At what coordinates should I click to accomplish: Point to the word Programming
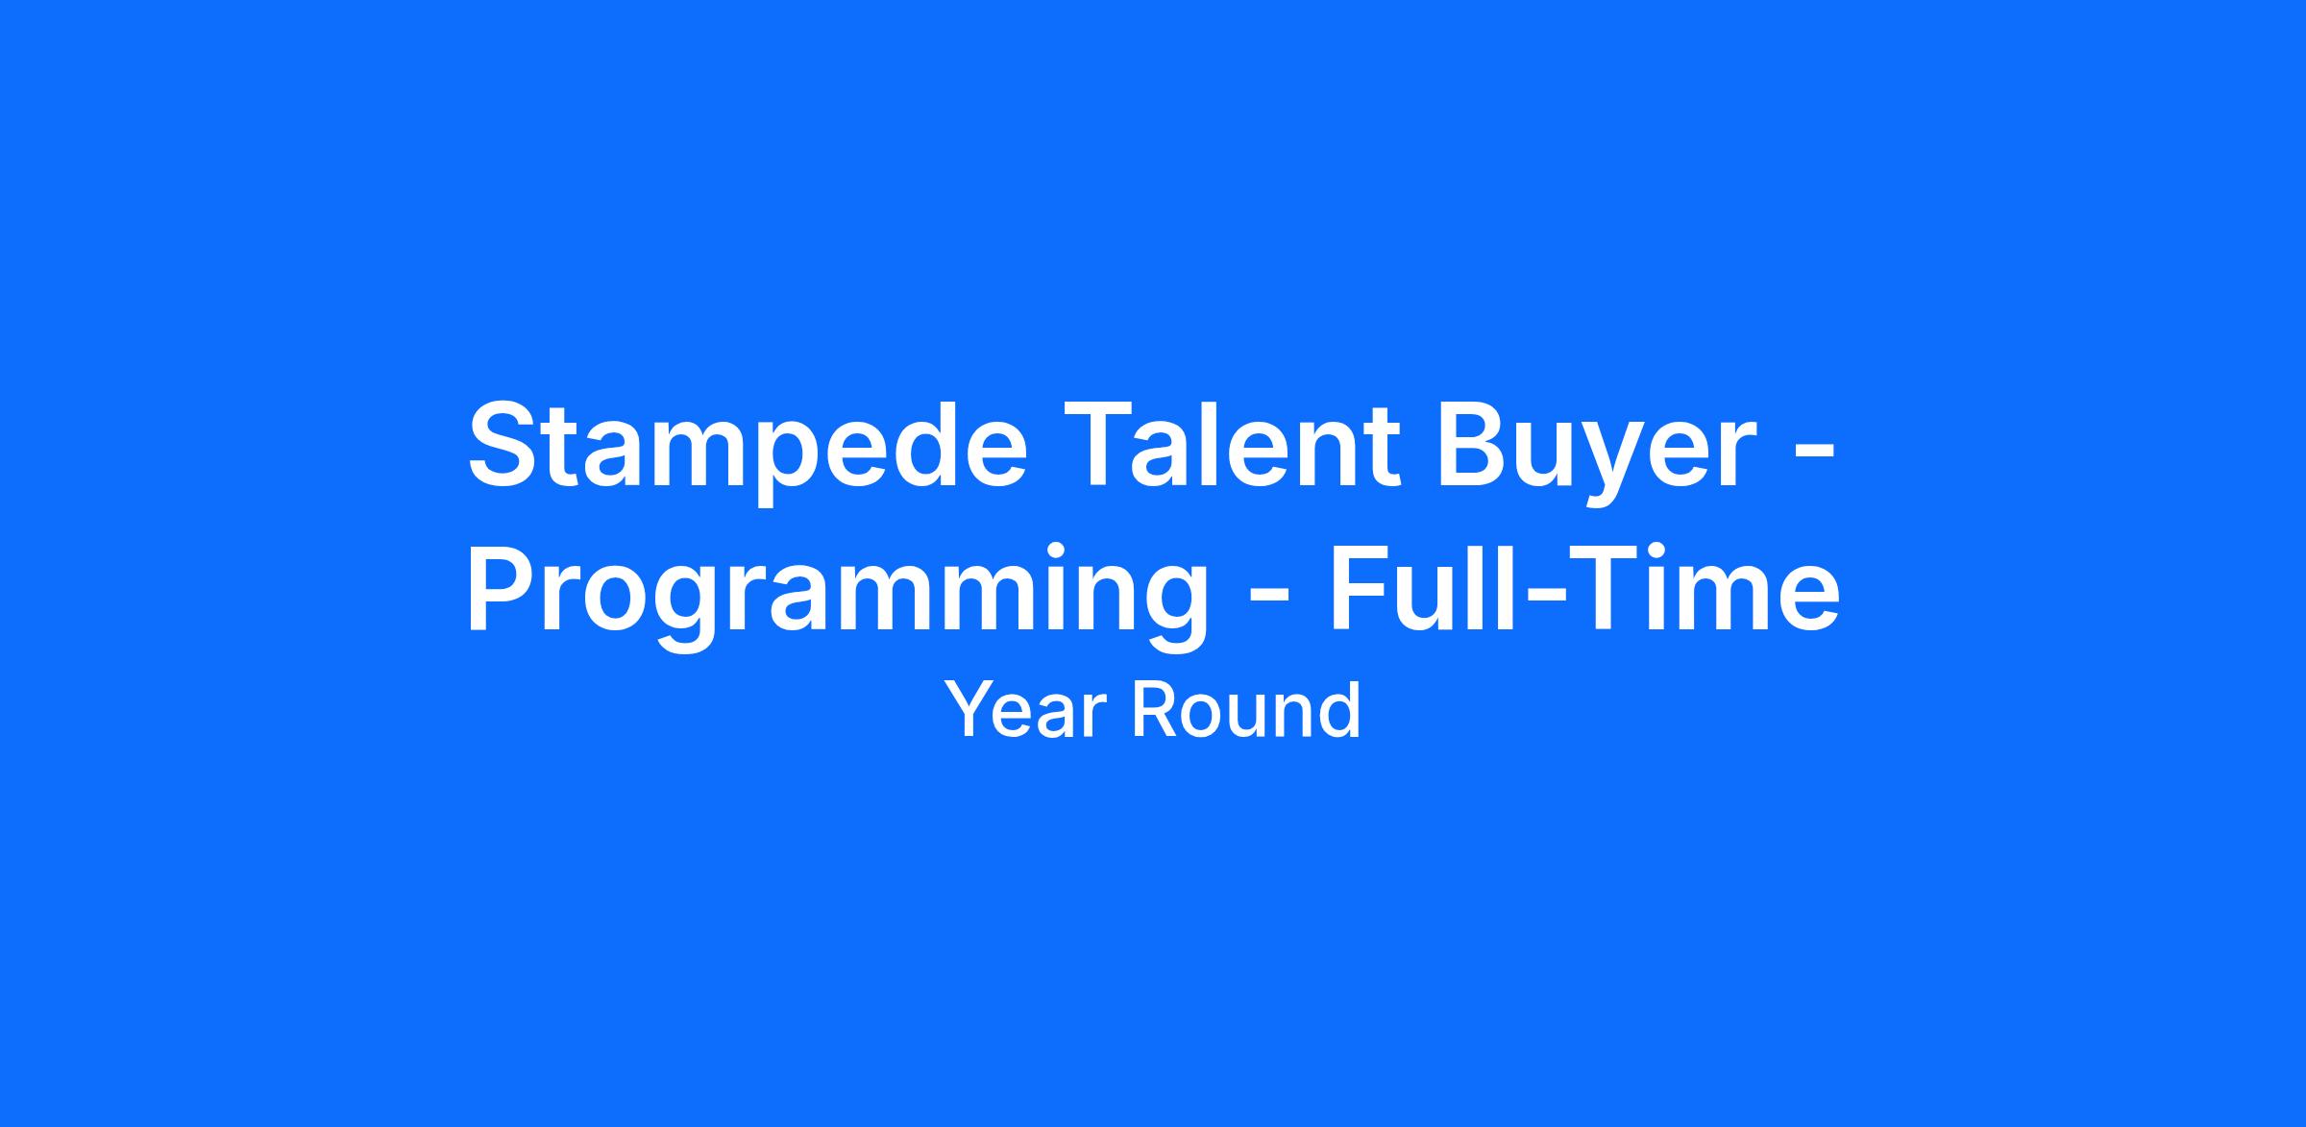[837, 597]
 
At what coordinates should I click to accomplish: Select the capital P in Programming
[504, 587]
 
